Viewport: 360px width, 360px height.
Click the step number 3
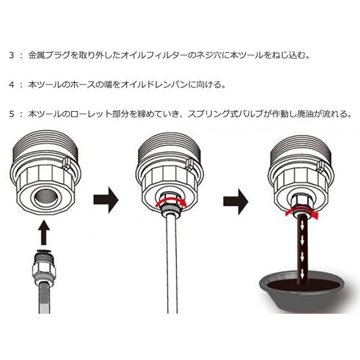click(12, 56)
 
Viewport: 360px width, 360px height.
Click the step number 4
click(12, 85)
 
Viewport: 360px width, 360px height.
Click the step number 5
click(12, 114)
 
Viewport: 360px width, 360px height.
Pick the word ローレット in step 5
click(92, 114)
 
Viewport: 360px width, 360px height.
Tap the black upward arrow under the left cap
click(44, 233)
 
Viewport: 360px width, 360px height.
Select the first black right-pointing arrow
click(106, 200)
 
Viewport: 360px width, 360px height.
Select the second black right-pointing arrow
click(236, 202)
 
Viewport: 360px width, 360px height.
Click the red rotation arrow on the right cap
click(302, 212)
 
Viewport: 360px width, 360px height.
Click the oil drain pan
click(304, 292)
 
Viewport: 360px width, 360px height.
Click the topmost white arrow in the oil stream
click(302, 226)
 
